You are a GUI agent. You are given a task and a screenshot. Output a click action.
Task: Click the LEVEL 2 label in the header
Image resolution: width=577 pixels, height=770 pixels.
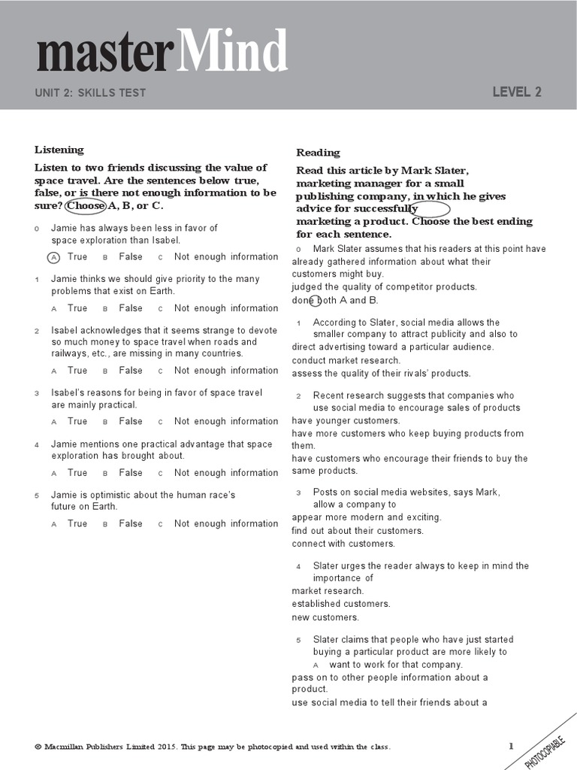[516, 92]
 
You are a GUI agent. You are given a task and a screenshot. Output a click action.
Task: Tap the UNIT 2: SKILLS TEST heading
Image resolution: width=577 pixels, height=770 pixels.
[90, 93]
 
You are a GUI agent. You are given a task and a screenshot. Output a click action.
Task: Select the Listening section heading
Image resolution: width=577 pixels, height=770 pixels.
[59, 150]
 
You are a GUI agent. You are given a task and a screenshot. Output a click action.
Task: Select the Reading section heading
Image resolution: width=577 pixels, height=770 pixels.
[318, 153]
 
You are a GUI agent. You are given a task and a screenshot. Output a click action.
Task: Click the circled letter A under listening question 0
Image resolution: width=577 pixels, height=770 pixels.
[53, 257]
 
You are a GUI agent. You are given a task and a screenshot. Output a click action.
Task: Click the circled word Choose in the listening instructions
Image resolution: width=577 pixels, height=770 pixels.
[86, 206]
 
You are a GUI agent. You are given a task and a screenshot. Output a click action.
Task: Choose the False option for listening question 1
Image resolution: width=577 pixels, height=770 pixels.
[130, 308]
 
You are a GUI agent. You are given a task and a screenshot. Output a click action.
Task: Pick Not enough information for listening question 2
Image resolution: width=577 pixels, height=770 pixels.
[225, 371]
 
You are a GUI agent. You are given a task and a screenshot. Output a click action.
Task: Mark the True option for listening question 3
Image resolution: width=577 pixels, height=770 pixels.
[77, 422]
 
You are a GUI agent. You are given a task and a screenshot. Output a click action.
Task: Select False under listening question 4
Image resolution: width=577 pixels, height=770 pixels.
[130, 473]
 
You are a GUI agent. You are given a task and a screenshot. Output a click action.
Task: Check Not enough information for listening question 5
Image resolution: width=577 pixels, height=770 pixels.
[225, 524]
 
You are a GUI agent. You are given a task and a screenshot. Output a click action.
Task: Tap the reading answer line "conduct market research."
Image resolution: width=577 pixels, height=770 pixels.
[346, 360]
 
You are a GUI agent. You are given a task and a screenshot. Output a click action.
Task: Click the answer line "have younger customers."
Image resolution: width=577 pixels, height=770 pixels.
[346, 421]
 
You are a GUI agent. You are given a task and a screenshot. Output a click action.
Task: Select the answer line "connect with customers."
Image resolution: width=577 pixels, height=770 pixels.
[343, 544]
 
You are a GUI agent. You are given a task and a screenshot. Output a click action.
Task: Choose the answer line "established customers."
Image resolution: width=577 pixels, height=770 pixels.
[341, 604]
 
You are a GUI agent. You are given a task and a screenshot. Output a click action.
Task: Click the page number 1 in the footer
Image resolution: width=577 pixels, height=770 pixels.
[511, 746]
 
